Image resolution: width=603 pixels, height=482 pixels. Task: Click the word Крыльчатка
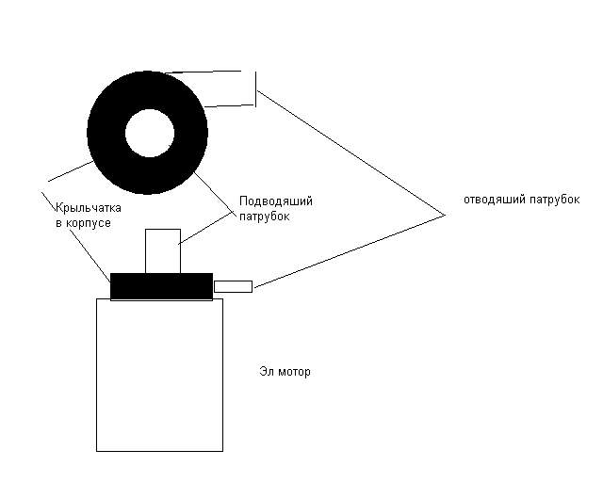(89, 208)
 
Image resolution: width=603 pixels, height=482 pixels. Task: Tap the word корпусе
(89, 223)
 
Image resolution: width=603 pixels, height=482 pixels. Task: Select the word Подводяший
(276, 201)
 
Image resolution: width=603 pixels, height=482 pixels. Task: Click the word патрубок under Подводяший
(264, 217)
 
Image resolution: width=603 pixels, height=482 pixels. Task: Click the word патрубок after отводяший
(555, 200)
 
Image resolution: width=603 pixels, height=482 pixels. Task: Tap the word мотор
(294, 372)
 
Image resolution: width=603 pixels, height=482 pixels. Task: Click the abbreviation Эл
(266, 372)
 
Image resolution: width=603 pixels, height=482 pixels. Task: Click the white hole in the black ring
(150, 133)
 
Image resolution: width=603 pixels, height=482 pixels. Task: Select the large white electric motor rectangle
(159, 375)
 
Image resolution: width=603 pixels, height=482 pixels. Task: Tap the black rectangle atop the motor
(161, 287)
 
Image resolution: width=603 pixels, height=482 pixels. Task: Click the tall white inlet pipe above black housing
(163, 251)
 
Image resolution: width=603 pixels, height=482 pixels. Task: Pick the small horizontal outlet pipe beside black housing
(233, 287)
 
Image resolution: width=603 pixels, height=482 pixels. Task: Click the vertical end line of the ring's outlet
(255, 88)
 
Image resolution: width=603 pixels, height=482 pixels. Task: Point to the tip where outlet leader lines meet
(445, 216)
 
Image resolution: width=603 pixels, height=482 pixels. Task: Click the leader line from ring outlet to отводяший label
(351, 153)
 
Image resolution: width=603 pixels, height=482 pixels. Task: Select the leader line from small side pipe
(350, 251)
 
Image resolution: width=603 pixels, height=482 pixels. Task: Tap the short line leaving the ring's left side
(71, 171)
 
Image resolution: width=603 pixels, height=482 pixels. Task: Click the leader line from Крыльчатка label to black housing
(76, 237)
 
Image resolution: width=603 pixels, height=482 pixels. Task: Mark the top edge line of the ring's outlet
(204, 72)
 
